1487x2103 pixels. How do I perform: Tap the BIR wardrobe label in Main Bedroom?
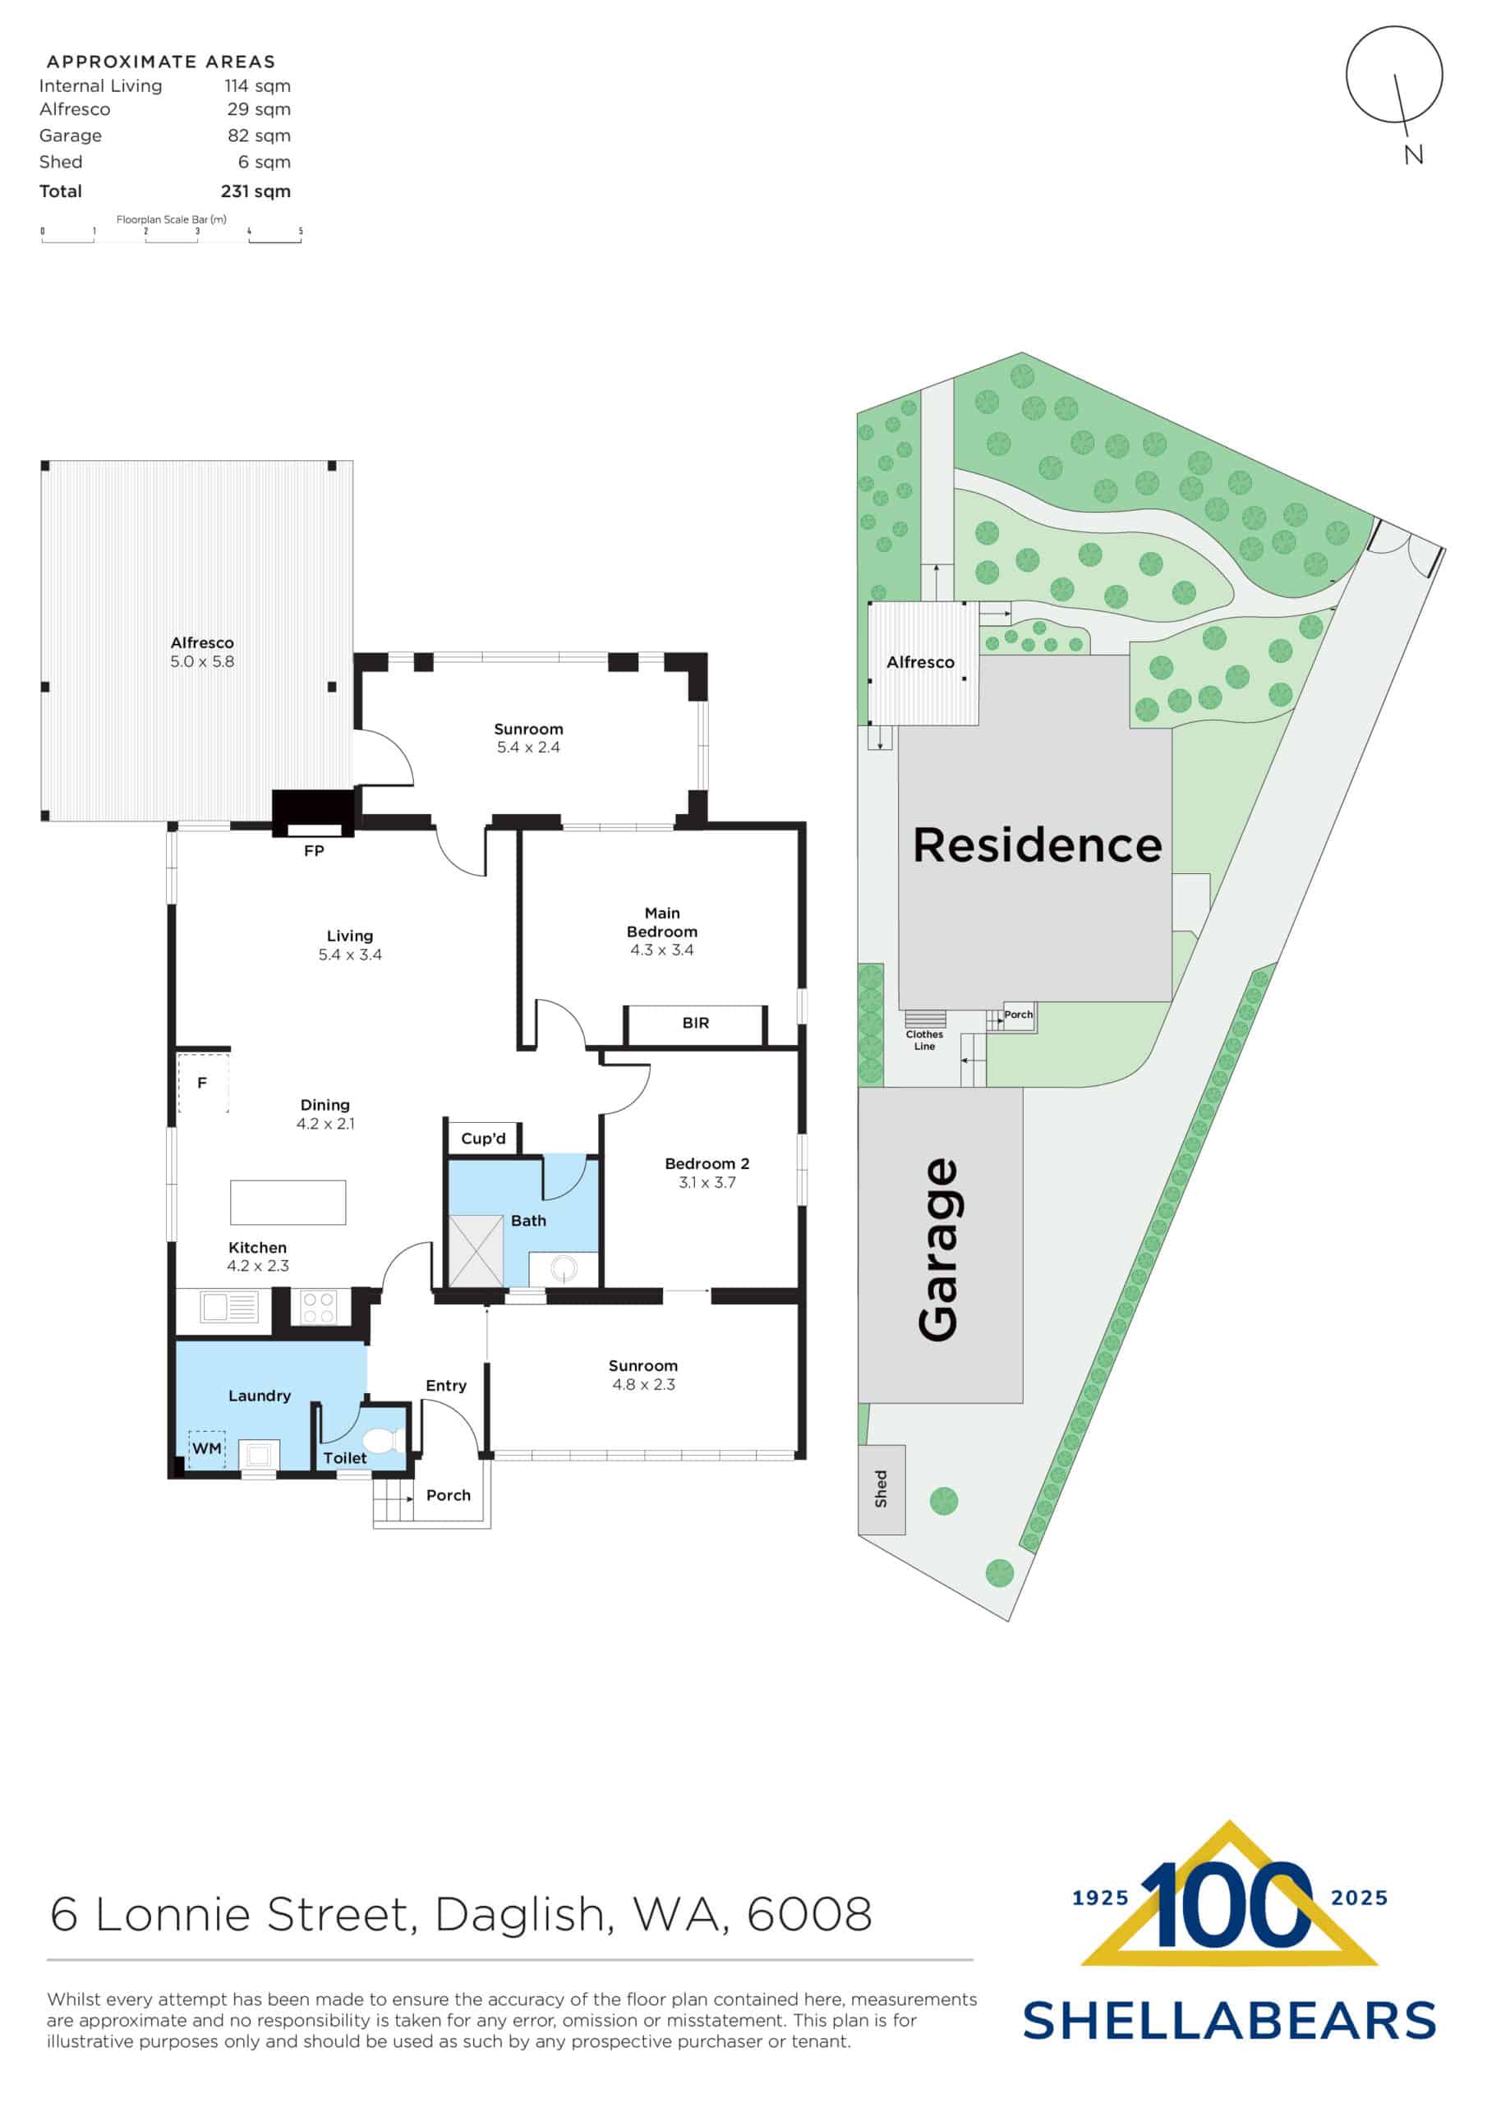[695, 1023]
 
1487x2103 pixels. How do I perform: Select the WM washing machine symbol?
[207, 1448]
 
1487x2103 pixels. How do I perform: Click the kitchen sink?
[229, 1306]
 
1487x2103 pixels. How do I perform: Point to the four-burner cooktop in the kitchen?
[318, 1307]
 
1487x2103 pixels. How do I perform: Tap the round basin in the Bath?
[564, 1269]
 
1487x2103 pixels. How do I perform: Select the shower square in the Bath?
[475, 1250]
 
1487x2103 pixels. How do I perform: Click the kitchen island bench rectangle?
[288, 1203]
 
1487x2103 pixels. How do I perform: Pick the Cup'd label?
[483, 1139]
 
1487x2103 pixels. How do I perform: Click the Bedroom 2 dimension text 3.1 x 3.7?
[707, 1182]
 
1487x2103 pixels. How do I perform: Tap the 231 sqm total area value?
[256, 191]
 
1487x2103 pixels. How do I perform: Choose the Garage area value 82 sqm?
[260, 136]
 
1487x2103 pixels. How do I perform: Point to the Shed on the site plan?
[882, 1489]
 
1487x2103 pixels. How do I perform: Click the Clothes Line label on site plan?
[924, 1040]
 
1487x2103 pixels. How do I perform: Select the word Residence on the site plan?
[1037, 844]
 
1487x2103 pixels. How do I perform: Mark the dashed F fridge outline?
[202, 1083]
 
